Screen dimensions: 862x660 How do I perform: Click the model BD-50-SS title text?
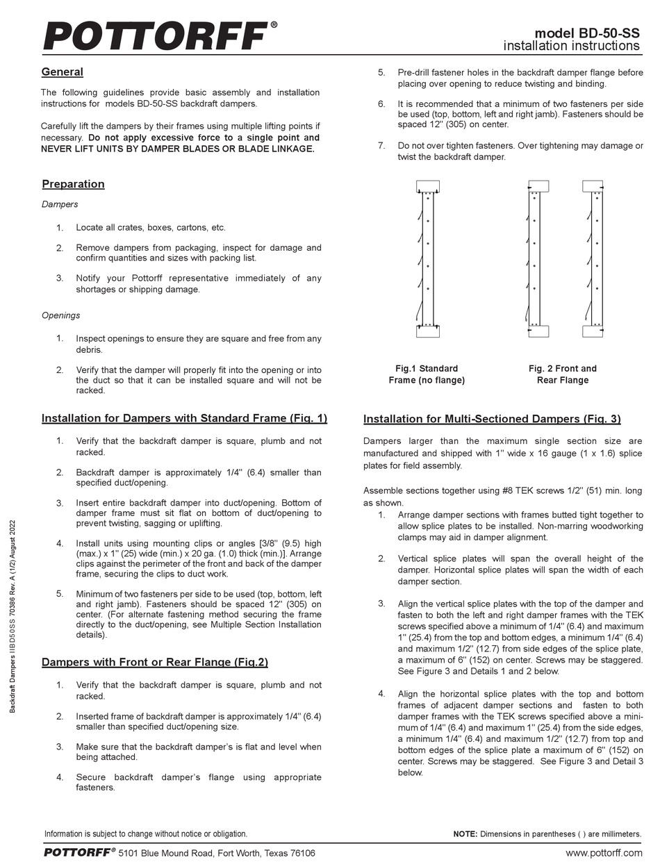587,33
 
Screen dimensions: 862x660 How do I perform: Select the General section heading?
62,72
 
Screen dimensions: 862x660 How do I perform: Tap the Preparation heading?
73,184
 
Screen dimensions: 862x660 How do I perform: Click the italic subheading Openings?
60,315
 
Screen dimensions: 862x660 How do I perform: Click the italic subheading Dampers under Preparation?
60,204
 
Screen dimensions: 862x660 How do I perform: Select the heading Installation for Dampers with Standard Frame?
184,418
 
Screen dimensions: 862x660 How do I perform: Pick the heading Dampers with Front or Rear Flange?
154,662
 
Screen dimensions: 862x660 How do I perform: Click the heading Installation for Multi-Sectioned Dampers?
492,419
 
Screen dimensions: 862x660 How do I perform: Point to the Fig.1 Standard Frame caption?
427,374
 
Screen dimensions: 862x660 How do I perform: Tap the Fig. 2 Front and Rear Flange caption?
562,374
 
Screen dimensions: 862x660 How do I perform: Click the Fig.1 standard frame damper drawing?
427,259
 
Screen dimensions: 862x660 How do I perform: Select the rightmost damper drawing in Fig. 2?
593,259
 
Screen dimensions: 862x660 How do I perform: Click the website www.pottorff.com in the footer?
603,852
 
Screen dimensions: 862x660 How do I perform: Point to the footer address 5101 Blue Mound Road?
216,852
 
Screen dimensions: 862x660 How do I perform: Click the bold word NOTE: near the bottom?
464,834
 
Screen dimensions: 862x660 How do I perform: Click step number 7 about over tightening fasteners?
381,146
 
